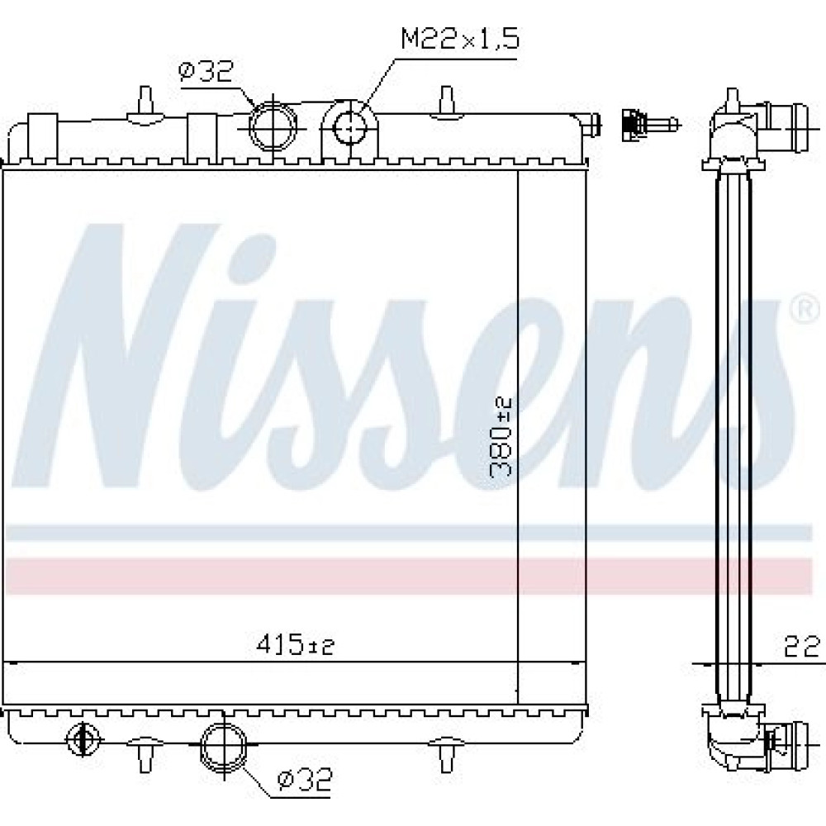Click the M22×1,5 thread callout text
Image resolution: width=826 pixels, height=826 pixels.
460,39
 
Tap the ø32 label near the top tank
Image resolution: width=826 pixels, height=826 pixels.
206,72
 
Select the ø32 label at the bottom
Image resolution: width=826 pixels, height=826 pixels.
306,781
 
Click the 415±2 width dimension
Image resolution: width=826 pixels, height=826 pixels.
296,644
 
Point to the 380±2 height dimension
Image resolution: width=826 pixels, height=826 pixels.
501,438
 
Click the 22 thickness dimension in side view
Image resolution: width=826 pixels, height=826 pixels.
802,647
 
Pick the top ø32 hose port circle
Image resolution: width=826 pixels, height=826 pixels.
273,126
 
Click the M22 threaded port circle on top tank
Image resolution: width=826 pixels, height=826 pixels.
349,127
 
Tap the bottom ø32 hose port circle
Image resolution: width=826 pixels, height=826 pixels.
223,745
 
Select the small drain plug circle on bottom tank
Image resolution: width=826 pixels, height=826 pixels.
83,739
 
